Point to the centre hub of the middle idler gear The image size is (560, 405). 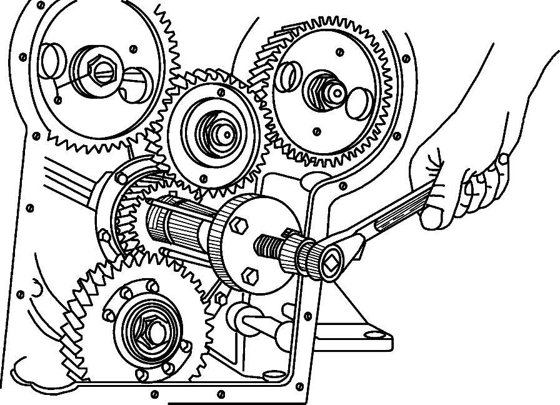click(x=216, y=132)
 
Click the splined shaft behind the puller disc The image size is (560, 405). click(x=178, y=222)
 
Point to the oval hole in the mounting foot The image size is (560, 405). click(x=373, y=335)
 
